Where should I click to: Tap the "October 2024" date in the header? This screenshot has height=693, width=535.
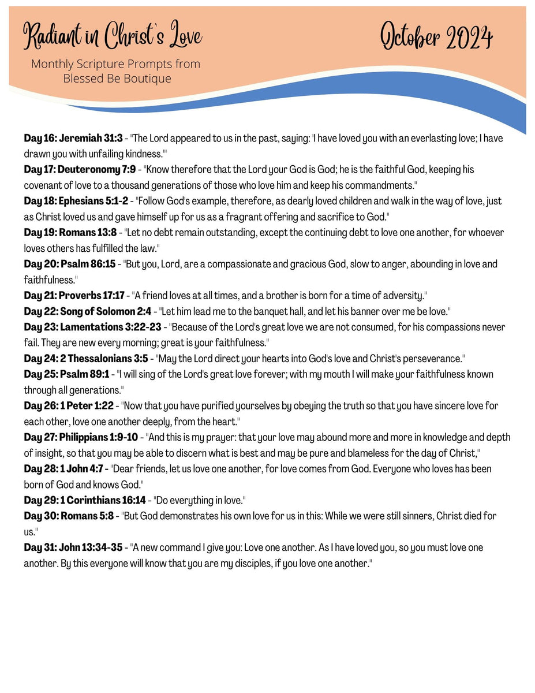click(436, 38)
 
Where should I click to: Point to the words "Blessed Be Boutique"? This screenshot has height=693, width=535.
click(117, 79)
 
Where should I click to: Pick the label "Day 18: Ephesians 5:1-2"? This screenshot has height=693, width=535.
click(76, 201)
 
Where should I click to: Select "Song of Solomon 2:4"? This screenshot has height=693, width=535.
click(106, 311)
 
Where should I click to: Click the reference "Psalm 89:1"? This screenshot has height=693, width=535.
click(85, 374)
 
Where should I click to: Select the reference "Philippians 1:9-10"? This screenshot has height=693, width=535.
click(99, 437)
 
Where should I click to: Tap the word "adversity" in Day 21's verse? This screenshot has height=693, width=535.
click(404, 296)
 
